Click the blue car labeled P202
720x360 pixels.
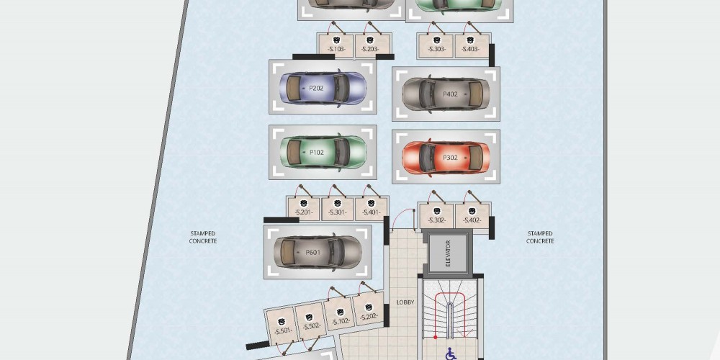pyautogui.click(x=323, y=88)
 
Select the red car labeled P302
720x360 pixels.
pyautogui.click(x=446, y=157)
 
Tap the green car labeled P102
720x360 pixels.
pyautogui.click(x=323, y=152)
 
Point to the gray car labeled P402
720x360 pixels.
pyautogui.click(x=446, y=94)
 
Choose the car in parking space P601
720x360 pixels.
pyautogui.click(x=318, y=251)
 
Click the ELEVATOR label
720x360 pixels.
pyautogui.click(x=448, y=253)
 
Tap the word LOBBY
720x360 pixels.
pyautogui.click(x=405, y=302)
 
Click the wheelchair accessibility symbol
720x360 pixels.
pyautogui.click(x=451, y=354)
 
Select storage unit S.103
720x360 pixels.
pyautogui.click(x=336, y=45)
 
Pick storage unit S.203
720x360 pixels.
pyautogui.click(x=372, y=45)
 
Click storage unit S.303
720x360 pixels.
pyautogui.click(x=436, y=46)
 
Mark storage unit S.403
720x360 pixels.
pyautogui.click(x=472, y=46)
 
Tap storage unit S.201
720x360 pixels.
pyautogui.click(x=303, y=209)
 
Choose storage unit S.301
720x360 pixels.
pyautogui.click(x=338, y=209)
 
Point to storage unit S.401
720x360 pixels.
pyautogui.click(x=372, y=209)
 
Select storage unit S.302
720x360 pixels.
pyautogui.click(x=436, y=216)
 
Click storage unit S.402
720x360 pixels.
pyautogui.click(x=472, y=216)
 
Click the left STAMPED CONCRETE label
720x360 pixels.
pyautogui.click(x=203, y=237)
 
